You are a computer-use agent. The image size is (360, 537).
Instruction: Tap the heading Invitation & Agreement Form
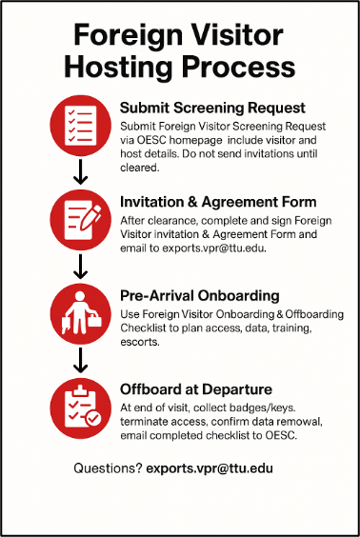[218, 201]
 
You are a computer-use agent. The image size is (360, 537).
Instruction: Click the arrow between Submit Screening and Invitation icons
[80, 171]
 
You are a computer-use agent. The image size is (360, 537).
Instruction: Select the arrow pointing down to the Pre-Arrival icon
[80, 266]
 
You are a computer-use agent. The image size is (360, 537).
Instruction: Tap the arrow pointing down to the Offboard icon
[80, 359]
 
